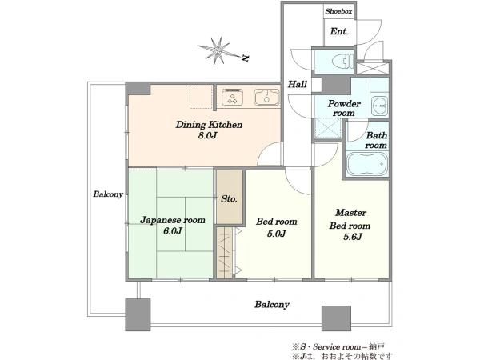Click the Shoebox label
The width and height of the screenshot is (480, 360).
tap(339, 11)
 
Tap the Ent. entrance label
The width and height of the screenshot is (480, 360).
tap(339, 31)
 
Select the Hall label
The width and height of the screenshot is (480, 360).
tap(298, 84)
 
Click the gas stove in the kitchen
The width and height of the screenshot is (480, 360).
tap(232, 97)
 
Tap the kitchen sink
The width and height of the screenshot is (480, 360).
tap(266, 97)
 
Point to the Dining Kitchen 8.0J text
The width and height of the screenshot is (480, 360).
tap(209, 130)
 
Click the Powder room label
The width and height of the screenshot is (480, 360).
tap(344, 108)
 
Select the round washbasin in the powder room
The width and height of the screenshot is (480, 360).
tap(379, 106)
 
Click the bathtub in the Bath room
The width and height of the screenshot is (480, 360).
tap(367, 164)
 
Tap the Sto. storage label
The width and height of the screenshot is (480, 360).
tap(229, 199)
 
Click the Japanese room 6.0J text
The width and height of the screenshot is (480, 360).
tap(173, 226)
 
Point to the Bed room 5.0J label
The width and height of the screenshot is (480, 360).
tap(277, 227)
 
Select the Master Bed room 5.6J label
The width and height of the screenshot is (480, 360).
tap(350, 224)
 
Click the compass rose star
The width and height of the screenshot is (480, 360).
tap(218, 50)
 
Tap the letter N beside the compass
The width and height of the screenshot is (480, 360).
tap(245, 58)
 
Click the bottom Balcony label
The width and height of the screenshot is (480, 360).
tap(272, 305)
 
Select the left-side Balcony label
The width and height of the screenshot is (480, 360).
tap(108, 194)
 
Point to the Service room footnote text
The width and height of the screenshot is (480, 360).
tap(338, 347)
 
